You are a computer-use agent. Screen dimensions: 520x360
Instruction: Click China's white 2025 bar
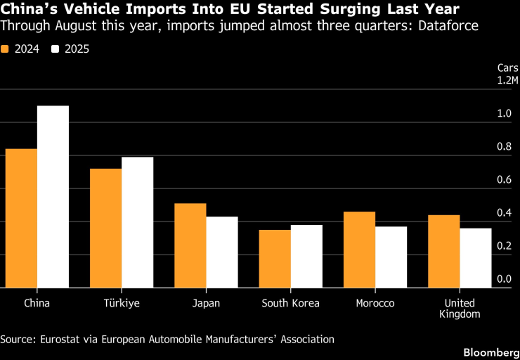53,197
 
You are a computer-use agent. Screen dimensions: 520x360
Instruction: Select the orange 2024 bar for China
21,219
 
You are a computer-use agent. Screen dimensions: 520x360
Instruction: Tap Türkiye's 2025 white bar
137,222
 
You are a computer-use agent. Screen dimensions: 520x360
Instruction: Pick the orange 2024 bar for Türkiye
106,229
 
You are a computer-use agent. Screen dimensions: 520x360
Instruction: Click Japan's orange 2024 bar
190,245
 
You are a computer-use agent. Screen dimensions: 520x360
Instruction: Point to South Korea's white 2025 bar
306,257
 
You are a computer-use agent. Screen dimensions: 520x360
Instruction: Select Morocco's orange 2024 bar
360,250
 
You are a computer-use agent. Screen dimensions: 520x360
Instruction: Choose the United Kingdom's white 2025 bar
476,258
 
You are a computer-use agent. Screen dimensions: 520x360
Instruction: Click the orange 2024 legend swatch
5,49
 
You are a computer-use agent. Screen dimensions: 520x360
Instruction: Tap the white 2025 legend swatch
55,49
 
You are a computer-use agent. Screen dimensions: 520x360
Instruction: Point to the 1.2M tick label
507,80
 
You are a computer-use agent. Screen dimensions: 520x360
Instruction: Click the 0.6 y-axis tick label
504,180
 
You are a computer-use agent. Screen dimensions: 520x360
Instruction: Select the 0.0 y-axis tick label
504,279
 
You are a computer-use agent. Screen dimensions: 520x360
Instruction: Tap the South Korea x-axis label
290,303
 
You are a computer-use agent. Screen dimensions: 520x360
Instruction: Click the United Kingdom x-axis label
460,309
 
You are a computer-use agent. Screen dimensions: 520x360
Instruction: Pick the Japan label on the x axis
206,304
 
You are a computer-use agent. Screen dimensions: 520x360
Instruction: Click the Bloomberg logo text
491,352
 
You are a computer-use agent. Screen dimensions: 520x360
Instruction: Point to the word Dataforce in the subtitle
448,26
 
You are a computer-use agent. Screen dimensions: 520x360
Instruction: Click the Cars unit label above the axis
508,68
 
